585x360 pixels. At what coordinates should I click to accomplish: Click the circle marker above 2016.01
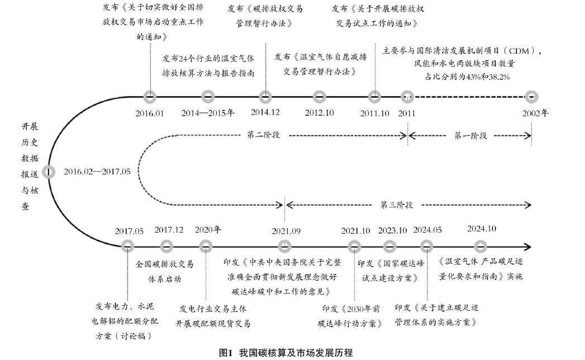tap(149, 97)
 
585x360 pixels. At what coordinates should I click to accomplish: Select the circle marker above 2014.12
tap(266, 97)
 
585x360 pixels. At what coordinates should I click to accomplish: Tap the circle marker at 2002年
tap(531, 97)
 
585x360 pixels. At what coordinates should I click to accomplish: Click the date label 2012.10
tap(319, 113)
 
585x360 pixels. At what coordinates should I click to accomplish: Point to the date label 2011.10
tap(375, 113)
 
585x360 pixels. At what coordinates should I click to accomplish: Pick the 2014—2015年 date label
tap(208, 113)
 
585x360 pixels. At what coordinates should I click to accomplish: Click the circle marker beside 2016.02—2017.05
tap(49, 172)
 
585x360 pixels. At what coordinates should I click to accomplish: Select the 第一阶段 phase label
tap(470, 136)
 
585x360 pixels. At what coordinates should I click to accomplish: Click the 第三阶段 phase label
tap(397, 205)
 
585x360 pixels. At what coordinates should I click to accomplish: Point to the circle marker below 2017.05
tap(128, 246)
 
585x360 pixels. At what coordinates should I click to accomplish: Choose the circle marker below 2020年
tap(206, 246)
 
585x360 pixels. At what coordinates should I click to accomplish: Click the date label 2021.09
tap(286, 230)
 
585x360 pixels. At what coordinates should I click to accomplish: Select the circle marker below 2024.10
tap(481, 246)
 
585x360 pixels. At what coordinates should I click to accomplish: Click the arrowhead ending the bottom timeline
tap(527, 246)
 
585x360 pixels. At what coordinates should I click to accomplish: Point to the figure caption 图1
tap(226, 353)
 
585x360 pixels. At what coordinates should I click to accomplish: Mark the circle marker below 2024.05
tap(427, 246)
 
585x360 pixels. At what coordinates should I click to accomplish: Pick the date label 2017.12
tap(169, 230)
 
